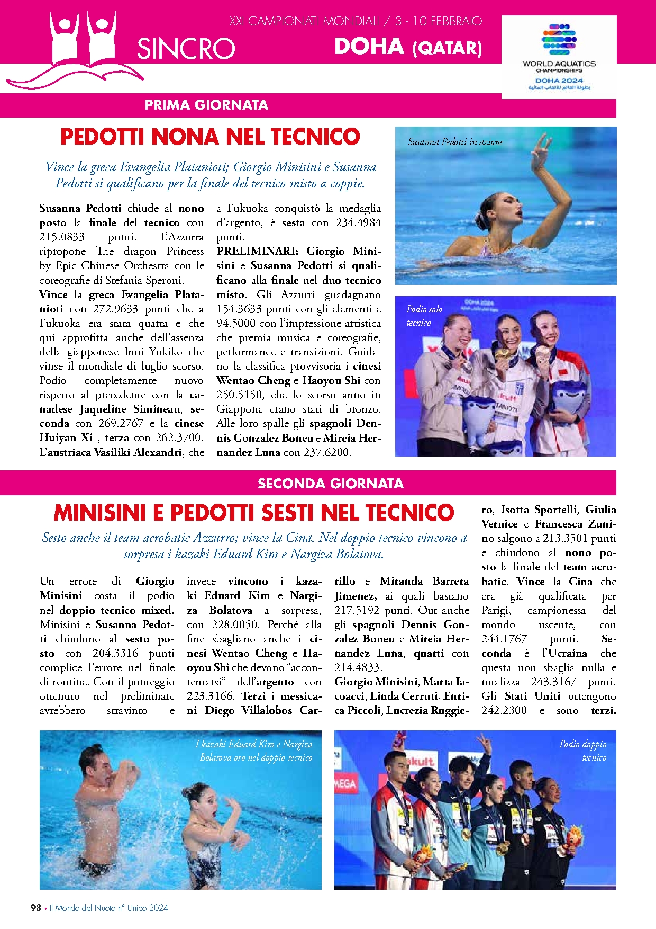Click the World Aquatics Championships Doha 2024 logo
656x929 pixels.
tap(559, 56)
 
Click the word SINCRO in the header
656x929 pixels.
tap(186, 49)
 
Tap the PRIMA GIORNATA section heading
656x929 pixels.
tap(206, 105)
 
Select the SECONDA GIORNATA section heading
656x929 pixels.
tap(331, 483)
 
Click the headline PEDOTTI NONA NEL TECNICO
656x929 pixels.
tap(210, 137)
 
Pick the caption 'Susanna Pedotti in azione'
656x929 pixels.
tap(455, 142)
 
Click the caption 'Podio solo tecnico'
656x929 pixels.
tap(424, 316)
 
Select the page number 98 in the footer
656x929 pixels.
tap(36, 907)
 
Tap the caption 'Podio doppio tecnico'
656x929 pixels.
tap(583, 751)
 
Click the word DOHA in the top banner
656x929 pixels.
tap(369, 47)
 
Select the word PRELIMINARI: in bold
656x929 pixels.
tap(257, 251)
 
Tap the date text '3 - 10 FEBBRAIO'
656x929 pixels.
tap(439, 21)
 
